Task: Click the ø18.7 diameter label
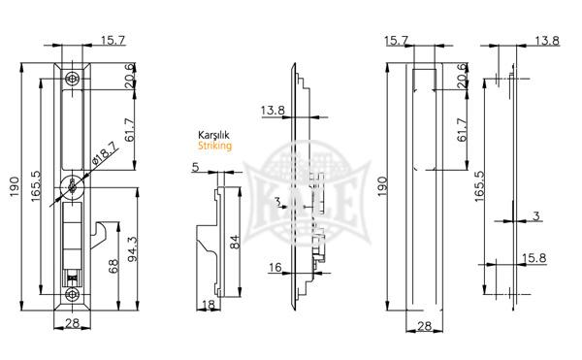[105, 154]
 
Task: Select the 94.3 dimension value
[133, 249]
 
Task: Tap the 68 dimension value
[113, 266]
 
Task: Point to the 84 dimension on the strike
[235, 242]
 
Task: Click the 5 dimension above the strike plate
[196, 167]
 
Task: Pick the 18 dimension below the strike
[209, 305]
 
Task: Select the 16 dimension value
[275, 267]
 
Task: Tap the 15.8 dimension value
[534, 257]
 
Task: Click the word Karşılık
[213, 135]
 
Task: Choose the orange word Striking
[214, 146]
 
